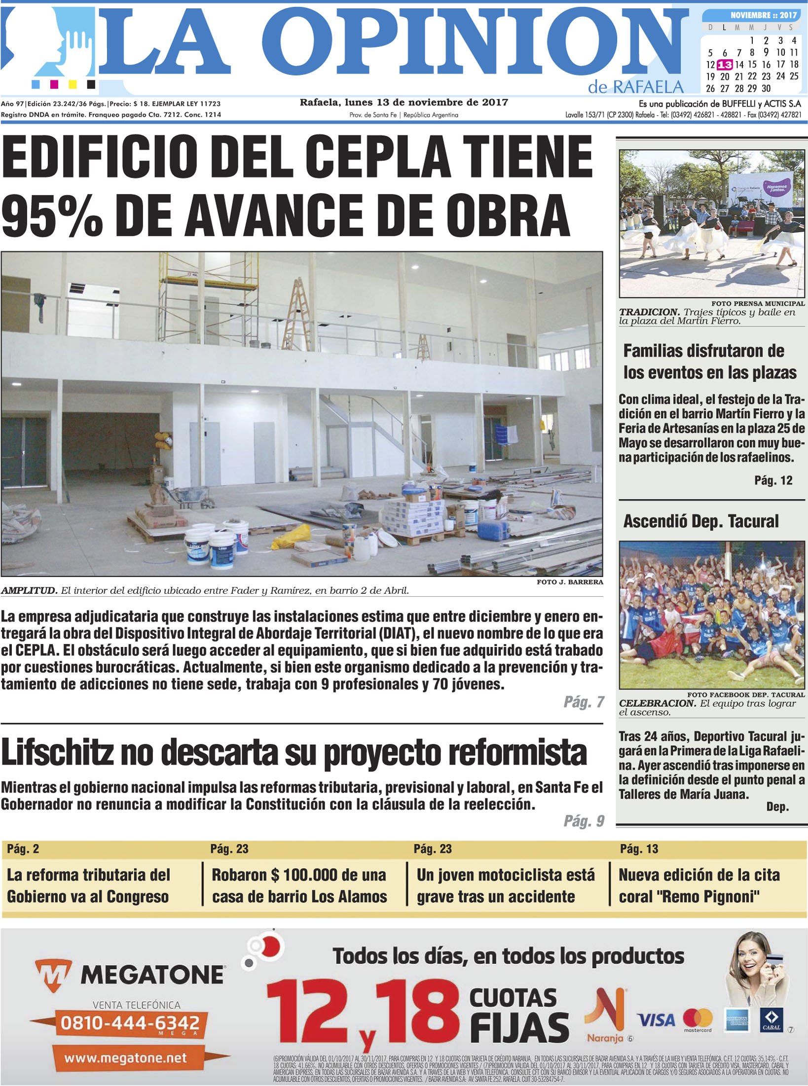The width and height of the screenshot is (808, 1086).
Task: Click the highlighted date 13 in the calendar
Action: pyautogui.click(x=725, y=65)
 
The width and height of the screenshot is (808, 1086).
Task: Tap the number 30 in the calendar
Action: pyautogui.click(x=766, y=89)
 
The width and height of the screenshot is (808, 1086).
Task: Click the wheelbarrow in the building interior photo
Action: pyautogui.click(x=192, y=495)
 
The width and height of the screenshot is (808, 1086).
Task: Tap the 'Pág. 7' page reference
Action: pyautogui.click(x=584, y=702)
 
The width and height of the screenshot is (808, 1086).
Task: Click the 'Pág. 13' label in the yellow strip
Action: pyautogui.click(x=639, y=849)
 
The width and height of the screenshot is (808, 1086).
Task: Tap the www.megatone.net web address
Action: pyautogui.click(x=125, y=1058)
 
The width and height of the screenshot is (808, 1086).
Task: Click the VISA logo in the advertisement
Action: pyautogui.click(x=656, y=1019)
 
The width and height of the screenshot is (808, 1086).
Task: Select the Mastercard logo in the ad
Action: pyautogui.click(x=698, y=1019)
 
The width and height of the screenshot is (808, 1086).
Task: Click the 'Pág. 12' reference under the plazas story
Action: pyautogui.click(x=773, y=480)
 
